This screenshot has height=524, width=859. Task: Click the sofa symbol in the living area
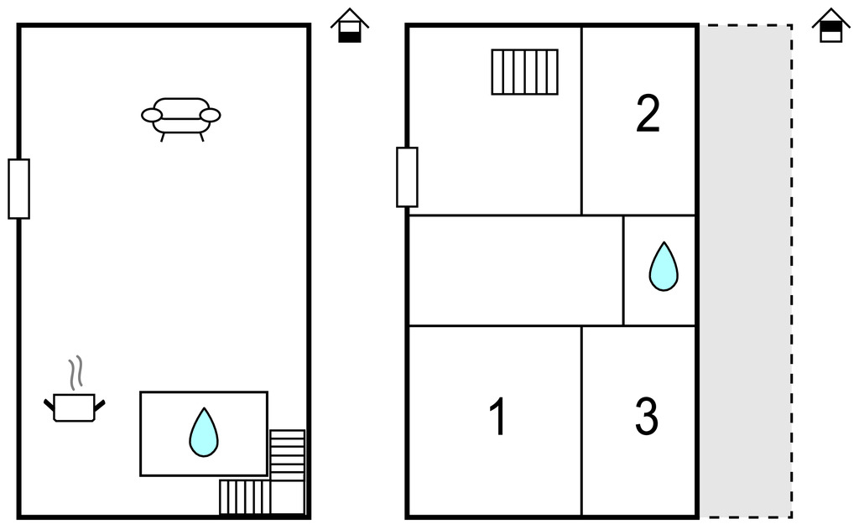click(181, 117)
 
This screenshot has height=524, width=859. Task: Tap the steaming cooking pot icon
click(75, 407)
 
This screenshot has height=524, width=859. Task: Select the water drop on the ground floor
click(203, 433)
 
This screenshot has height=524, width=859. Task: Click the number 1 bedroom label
click(497, 417)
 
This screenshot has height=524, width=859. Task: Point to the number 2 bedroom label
click(648, 114)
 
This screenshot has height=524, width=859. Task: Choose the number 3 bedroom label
click(646, 417)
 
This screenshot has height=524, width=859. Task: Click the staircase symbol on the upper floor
click(524, 71)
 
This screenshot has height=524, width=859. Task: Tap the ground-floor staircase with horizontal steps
click(288, 456)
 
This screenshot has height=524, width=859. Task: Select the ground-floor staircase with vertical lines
click(245, 497)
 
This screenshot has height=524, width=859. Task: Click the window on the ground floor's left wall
click(18, 189)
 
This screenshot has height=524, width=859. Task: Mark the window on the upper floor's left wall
click(407, 177)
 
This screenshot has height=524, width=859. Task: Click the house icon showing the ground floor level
click(349, 26)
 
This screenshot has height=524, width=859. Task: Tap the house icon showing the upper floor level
click(830, 26)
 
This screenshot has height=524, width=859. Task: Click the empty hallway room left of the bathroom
click(515, 270)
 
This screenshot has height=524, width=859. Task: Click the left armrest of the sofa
click(152, 116)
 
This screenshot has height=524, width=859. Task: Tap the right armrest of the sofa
click(211, 116)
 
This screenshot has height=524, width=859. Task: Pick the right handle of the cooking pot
click(101, 406)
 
